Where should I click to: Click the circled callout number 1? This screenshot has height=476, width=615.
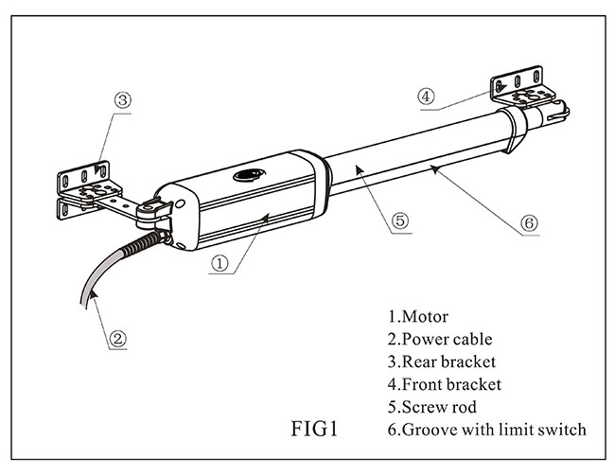click(220, 263)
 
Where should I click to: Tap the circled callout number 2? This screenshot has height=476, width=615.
click(117, 339)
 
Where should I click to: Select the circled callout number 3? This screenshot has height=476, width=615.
click(123, 100)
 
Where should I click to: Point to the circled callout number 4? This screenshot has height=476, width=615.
click(427, 97)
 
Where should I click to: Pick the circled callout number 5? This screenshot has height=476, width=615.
click(400, 220)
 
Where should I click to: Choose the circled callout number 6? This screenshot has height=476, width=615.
click(529, 223)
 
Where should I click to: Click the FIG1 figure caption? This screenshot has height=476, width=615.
click(314, 429)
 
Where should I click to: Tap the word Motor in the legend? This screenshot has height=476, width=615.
click(425, 317)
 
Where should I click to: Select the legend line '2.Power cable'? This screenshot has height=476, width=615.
click(440, 340)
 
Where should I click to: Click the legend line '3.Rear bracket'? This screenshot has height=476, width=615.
click(442, 361)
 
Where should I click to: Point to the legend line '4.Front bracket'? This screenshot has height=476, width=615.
click(445, 384)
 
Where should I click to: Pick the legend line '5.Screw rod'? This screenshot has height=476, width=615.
click(432, 407)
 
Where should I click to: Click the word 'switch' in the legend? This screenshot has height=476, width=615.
click(562, 430)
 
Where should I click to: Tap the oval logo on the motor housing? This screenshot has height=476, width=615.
click(250, 175)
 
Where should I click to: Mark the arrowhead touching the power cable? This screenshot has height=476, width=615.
click(93, 294)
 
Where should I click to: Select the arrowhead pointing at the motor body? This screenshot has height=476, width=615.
click(266, 216)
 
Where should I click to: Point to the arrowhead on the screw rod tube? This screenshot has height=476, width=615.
click(360, 170)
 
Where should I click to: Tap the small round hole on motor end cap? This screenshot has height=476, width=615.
click(180, 203)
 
